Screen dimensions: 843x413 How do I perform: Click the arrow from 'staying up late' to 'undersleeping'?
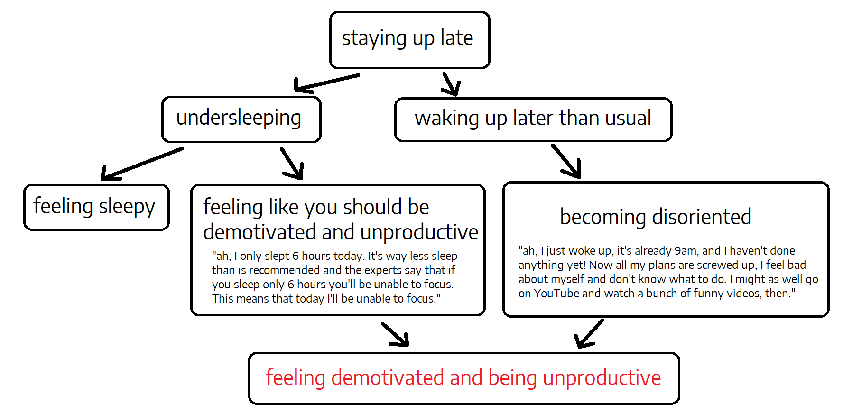click(x=327, y=83)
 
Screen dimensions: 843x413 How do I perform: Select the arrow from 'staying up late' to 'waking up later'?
click(x=451, y=84)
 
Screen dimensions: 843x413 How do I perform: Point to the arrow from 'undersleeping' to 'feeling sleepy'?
click(x=142, y=164)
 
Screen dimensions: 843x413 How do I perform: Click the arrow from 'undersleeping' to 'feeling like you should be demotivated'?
click(x=292, y=163)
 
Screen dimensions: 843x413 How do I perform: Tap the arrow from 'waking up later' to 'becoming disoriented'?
click(x=566, y=161)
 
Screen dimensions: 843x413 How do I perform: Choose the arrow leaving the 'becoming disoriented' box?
click(x=589, y=333)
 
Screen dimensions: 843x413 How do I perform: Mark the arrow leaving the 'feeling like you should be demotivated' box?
click(x=395, y=334)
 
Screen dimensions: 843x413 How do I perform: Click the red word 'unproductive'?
click(x=602, y=378)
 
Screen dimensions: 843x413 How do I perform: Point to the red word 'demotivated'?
click(x=387, y=377)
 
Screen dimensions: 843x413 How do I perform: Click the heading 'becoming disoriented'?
click(x=656, y=217)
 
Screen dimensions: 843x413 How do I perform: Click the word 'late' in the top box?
click(x=456, y=37)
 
